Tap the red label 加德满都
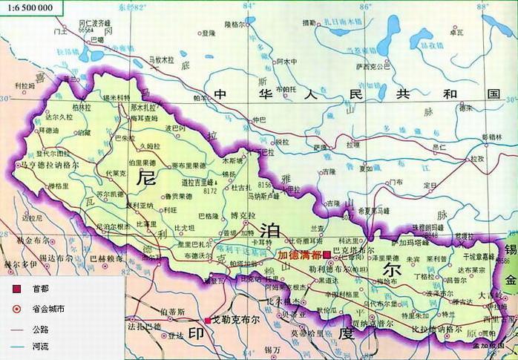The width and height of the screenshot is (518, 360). [299, 255]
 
